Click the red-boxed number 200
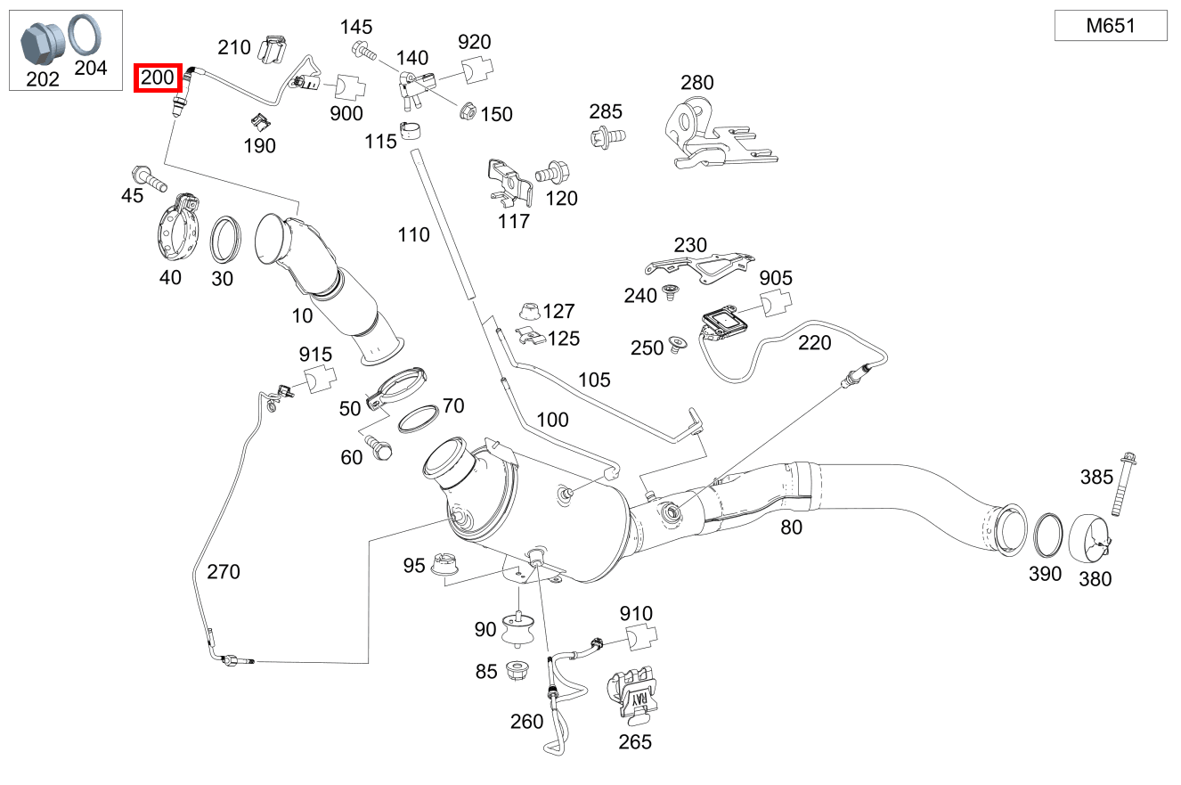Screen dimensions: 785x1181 (158, 78)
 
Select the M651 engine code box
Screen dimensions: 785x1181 (1110, 26)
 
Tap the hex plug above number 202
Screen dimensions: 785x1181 (40, 41)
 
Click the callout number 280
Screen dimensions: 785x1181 (696, 83)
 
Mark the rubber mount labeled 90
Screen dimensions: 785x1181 (516, 631)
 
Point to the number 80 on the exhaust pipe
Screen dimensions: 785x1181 (791, 527)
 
